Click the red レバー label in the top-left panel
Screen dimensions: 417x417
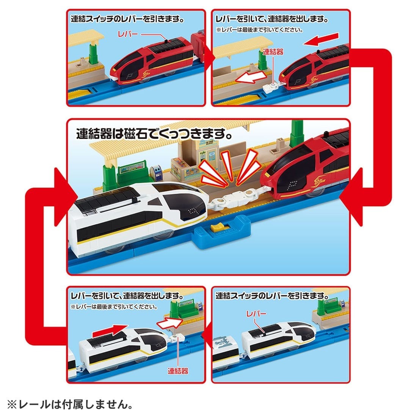[127, 34]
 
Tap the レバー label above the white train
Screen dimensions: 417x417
[256, 314]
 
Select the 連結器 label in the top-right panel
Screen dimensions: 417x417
[273, 52]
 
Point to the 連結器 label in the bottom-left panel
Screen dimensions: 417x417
[178, 371]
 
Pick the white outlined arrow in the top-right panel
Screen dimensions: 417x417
[249, 78]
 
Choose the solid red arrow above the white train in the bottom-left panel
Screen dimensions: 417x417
[114, 329]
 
